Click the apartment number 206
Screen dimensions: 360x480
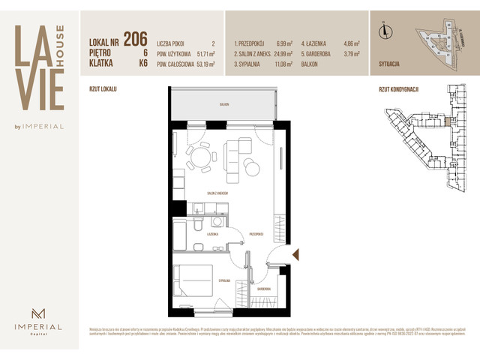(x=135, y=38)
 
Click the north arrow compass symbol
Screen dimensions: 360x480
(x=385, y=31)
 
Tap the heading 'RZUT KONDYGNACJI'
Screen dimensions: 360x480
(x=399, y=88)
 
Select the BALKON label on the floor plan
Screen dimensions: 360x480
(x=223, y=105)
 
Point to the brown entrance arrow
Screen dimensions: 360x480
(x=295, y=254)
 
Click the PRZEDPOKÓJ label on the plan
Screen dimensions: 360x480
(x=256, y=234)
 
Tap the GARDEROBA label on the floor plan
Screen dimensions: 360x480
(x=263, y=288)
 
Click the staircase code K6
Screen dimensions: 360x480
(x=142, y=64)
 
